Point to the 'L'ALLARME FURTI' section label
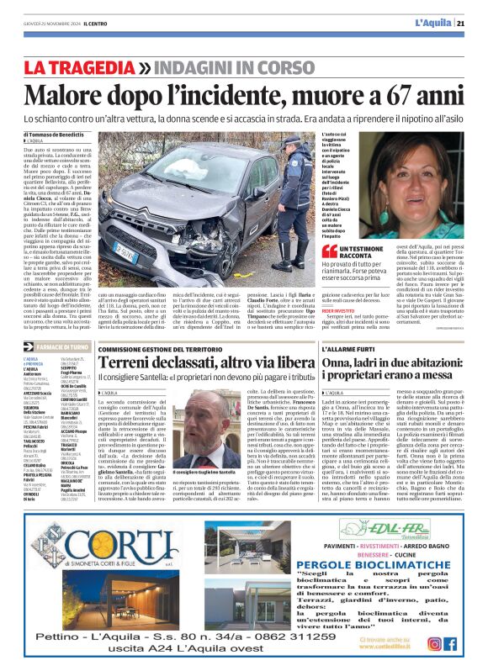350,347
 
